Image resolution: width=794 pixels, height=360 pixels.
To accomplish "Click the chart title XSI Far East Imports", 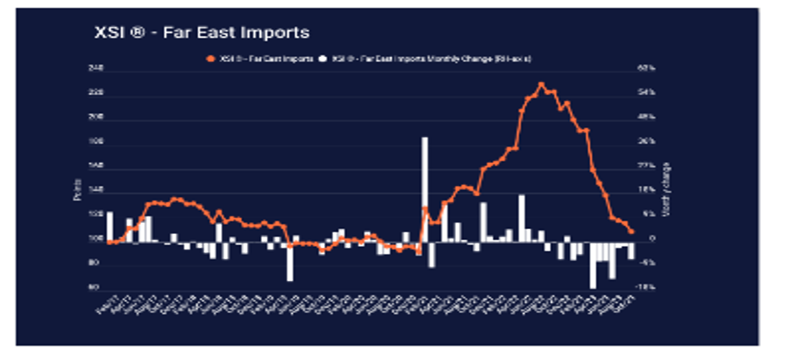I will (x=202, y=32).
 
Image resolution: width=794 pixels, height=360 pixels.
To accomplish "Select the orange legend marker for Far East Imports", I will (x=211, y=59).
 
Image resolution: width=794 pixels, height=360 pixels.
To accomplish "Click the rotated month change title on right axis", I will (x=666, y=189).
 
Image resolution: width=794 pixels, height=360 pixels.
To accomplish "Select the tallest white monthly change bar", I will (x=425, y=189).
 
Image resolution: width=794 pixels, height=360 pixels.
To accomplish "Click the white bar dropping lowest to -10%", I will (x=592, y=265).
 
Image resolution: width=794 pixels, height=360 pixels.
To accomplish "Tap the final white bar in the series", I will (x=631, y=250).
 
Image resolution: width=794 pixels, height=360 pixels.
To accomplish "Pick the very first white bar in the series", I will (x=109, y=226).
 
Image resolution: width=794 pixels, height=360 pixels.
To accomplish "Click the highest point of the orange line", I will (x=541, y=85).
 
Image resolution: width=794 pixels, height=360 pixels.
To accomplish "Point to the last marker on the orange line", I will (x=631, y=231).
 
